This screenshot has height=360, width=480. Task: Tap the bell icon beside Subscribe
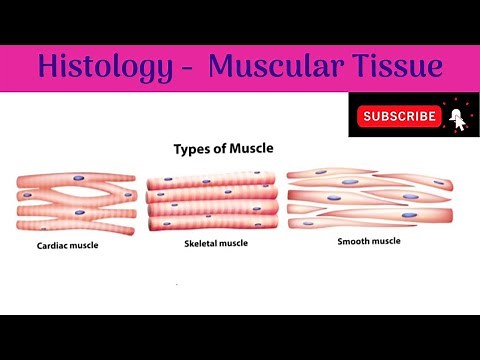pos(456,116)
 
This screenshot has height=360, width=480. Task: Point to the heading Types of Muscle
pos(224,148)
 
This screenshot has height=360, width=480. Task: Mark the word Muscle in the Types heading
pos(252,148)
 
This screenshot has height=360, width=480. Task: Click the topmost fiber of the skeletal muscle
pos(211,180)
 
